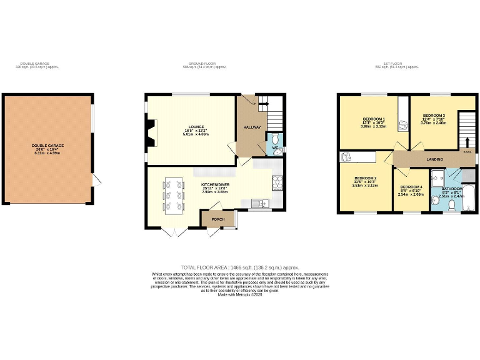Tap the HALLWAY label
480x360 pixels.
point(252,127)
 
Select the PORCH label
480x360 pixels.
point(217,219)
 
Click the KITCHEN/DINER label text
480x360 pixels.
point(215,185)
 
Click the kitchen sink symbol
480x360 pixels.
point(261,202)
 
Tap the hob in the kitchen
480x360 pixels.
point(276,182)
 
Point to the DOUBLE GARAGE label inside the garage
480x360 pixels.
point(48,146)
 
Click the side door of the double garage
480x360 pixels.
point(96,181)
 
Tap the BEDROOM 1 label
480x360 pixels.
point(374,119)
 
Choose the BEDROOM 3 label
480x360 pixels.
point(434,116)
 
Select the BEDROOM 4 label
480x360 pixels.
point(411,187)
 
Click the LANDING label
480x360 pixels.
point(434,160)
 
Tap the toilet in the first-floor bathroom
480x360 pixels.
point(451,203)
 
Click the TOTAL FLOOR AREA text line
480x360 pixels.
point(240,267)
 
